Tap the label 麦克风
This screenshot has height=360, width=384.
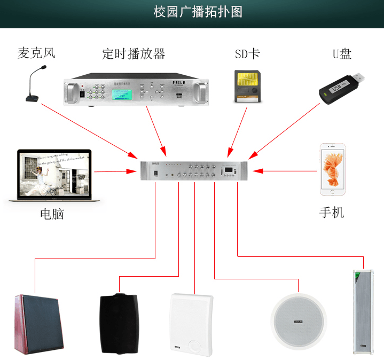(x=36, y=53)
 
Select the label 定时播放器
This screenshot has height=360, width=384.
(x=134, y=53)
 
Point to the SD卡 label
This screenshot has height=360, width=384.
(x=247, y=54)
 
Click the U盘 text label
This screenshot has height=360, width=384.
(x=342, y=54)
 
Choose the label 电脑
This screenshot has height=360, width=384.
(x=52, y=214)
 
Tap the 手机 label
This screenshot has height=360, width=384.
(x=332, y=212)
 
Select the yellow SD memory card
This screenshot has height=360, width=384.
(x=246, y=86)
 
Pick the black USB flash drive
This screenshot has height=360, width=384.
(x=342, y=85)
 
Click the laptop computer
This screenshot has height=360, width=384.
(x=53, y=175)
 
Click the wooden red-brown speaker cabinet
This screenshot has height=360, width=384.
(x=39, y=325)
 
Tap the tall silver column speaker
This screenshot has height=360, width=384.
(x=360, y=311)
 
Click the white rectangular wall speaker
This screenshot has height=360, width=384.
(x=191, y=325)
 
